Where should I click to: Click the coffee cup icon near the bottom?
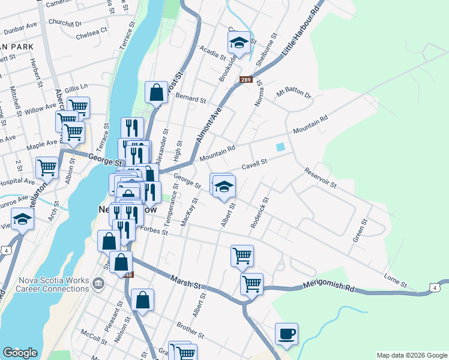point(286,334)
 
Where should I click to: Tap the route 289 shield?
point(246,79)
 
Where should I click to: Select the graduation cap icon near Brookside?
point(238,43)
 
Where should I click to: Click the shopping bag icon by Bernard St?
point(156,92)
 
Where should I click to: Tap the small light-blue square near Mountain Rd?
point(280,147)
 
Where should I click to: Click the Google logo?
point(20,353)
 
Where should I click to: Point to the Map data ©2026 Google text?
point(411,355)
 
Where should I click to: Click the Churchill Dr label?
point(66,25)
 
